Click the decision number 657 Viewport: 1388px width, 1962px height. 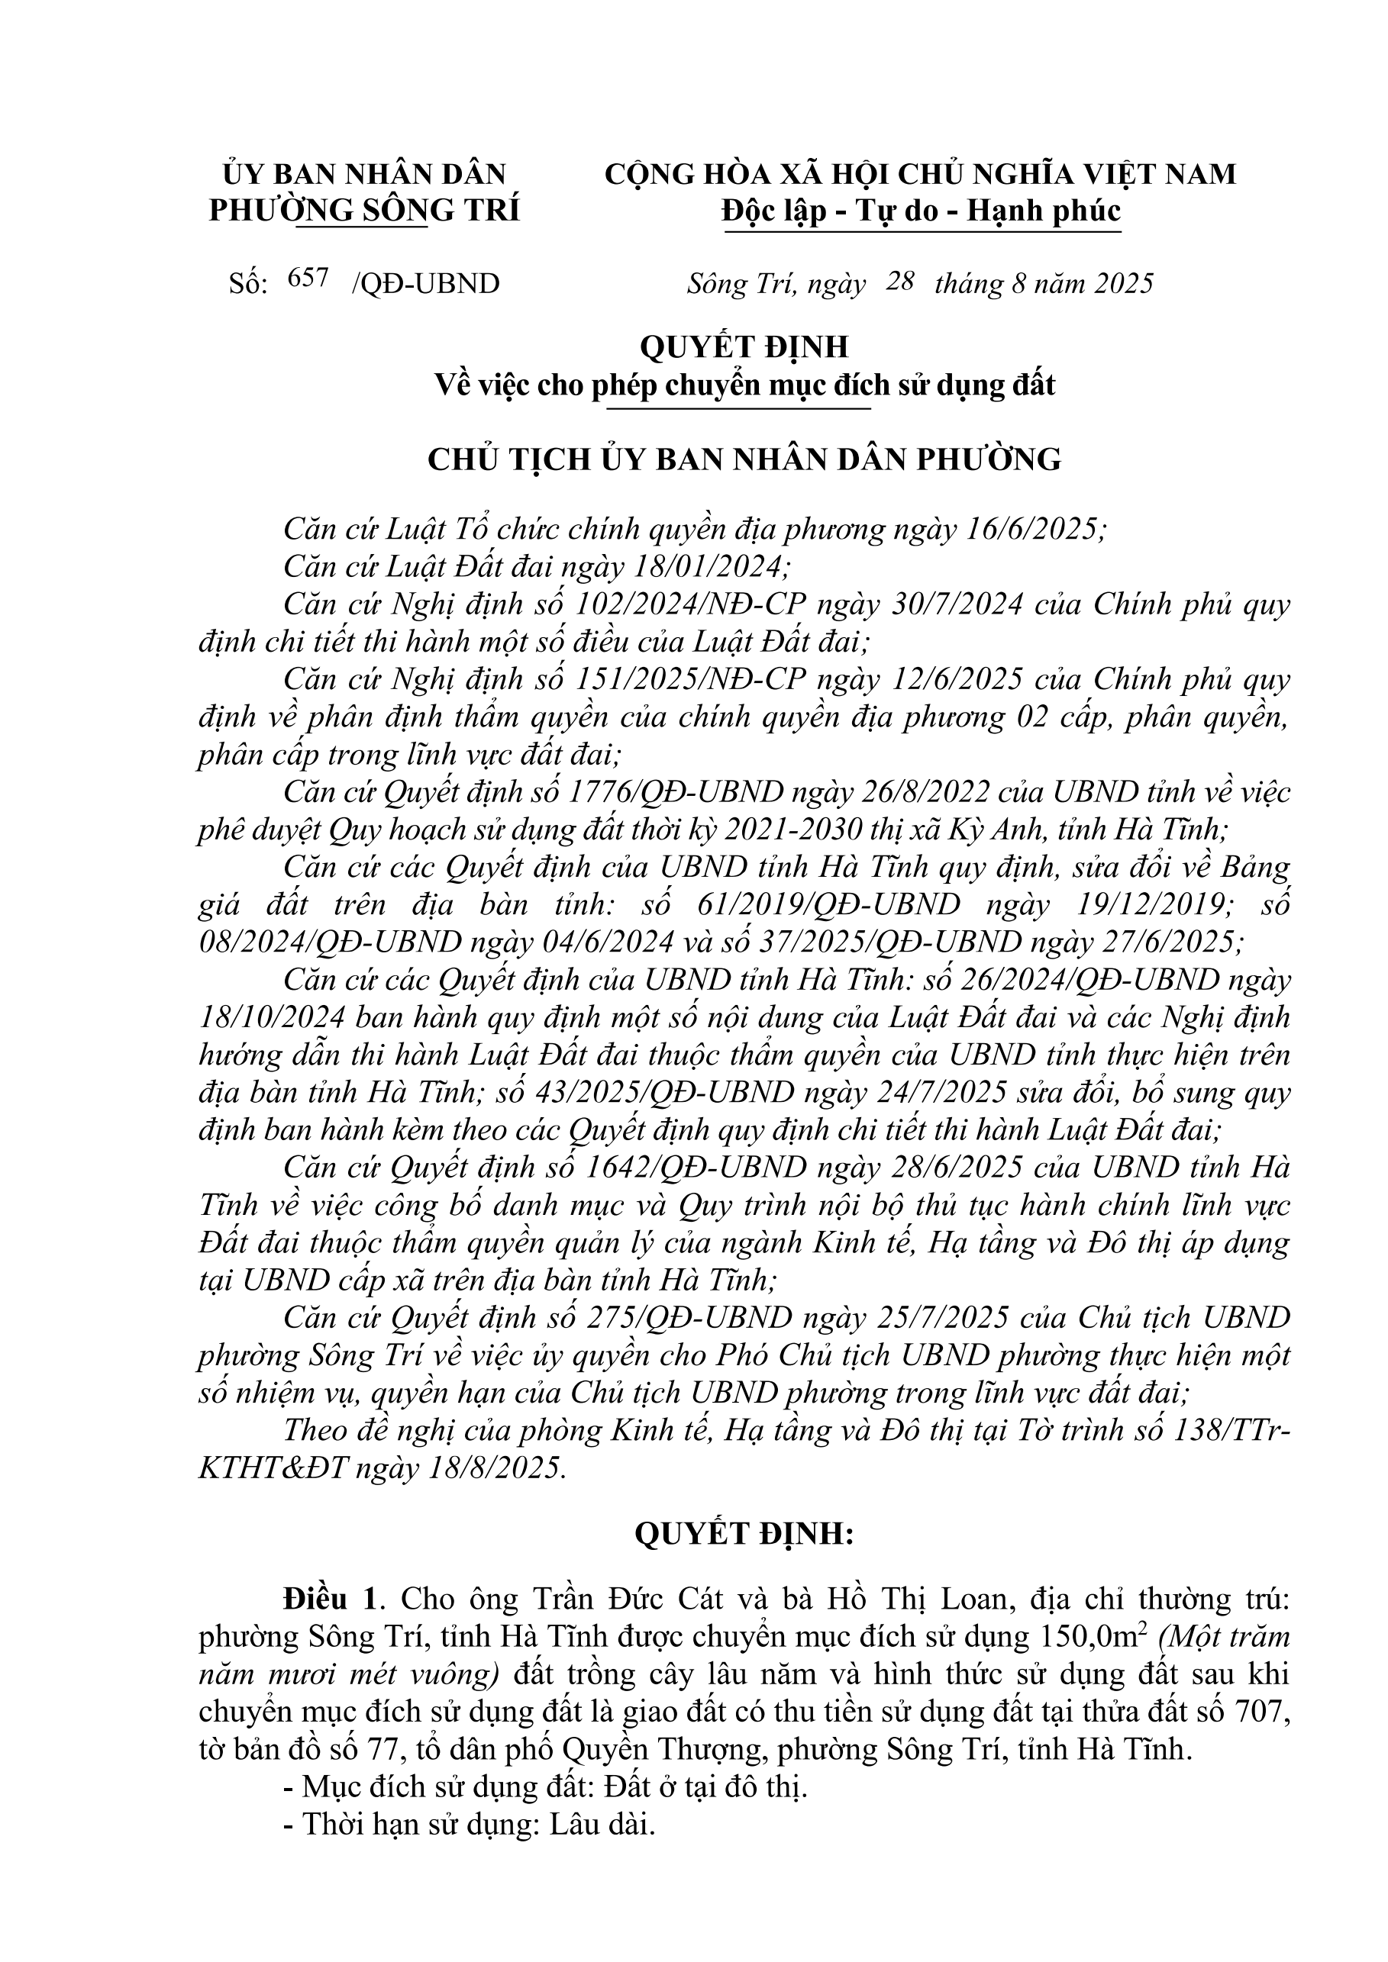(308, 279)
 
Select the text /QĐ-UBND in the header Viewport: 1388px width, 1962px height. (425, 283)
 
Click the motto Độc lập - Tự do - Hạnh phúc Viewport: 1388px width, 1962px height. (921, 211)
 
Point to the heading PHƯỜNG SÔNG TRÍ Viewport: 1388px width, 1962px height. (364, 211)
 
